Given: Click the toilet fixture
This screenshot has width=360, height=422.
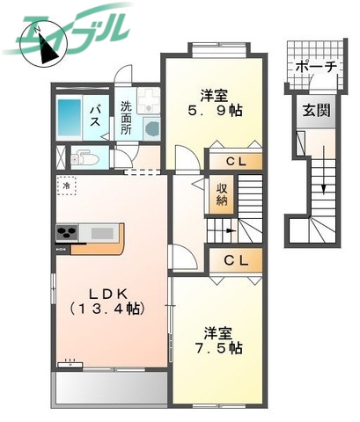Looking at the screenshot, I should pyautogui.click(x=86, y=159).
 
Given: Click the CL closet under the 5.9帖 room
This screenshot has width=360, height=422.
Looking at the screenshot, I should pyautogui.click(x=235, y=162).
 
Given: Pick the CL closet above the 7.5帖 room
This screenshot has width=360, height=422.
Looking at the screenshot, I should pyautogui.click(x=235, y=260).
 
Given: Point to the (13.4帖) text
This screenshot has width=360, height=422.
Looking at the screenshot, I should pyautogui.click(x=108, y=309).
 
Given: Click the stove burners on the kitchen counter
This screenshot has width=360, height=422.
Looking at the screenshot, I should pyautogui.click(x=67, y=234).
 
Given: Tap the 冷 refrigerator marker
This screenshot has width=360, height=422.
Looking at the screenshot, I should pyautogui.click(x=67, y=186).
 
